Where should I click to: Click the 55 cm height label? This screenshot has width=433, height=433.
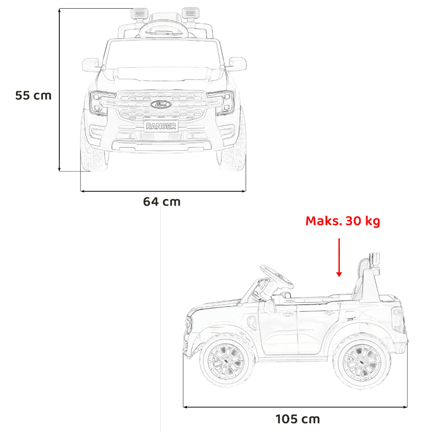click(33, 96)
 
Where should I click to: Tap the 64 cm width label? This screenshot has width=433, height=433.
click(162, 202)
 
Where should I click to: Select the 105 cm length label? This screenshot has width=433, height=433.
click(298, 419)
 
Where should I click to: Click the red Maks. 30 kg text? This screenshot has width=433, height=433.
click(343, 221)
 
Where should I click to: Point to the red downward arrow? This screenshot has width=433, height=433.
click(339, 257)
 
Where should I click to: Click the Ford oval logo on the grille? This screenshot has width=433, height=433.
click(161, 104)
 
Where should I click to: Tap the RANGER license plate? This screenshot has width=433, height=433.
click(161, 126)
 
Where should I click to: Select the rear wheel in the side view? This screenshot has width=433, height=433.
click(362, 361)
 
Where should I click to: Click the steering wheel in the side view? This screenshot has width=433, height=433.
click(276, 276)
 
